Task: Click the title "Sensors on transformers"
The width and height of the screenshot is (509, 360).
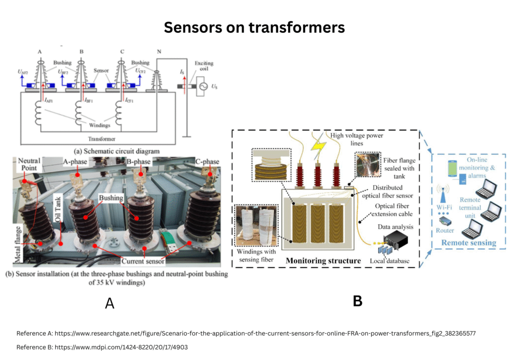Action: click(x=254, y=28)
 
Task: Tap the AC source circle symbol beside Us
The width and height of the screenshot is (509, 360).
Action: click(x=202, y=87)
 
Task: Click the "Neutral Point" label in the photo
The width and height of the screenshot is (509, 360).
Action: click(x=28, y=165)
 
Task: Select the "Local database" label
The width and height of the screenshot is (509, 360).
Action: click(x=389, y=261)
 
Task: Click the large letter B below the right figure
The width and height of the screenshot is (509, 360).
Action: click(x=357, y=300)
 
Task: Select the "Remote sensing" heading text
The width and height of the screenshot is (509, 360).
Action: click(x=469, y=243)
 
